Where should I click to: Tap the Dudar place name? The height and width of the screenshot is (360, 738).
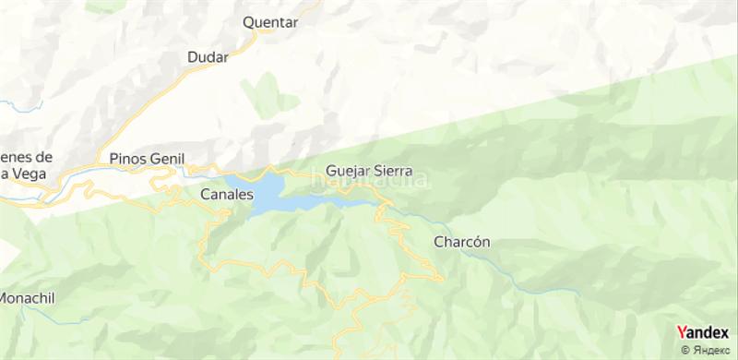pos(208,57)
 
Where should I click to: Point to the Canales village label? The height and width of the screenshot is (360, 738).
pos(226,195)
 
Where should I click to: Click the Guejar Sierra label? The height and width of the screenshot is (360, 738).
pos(368,171)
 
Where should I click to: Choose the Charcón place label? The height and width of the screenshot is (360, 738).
pos(460,242)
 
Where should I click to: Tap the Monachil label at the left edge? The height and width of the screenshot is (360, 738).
pos(28,298)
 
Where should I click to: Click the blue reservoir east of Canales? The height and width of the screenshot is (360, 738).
pos(267,194)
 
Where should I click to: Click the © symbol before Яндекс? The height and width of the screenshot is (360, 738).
pos(685,349)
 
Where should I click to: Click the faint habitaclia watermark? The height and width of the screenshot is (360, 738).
pos(368,182)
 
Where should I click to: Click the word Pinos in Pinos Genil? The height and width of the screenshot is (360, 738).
pos(125,158)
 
